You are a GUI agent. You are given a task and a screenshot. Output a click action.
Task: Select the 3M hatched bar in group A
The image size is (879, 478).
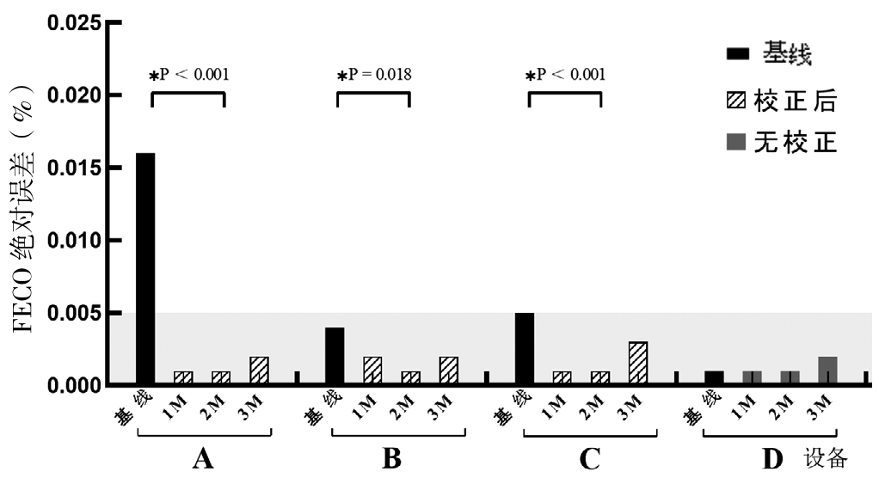(259, 371)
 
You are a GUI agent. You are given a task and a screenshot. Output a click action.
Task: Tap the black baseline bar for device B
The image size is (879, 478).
(335, 356)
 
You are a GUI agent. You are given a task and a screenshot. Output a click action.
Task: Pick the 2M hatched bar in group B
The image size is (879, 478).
(410, 377)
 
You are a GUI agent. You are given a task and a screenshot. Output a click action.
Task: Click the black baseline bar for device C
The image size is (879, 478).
(524, 348)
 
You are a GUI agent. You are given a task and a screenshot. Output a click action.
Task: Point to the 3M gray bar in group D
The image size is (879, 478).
(827, 371)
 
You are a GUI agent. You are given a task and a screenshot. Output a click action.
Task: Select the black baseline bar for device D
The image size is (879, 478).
(713, 377)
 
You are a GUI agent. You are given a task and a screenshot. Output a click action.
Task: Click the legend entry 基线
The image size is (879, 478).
(769, 55)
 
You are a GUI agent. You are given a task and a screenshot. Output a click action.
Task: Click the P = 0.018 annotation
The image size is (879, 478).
(374, 74)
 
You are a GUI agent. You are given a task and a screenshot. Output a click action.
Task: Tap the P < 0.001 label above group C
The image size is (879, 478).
(565, 74)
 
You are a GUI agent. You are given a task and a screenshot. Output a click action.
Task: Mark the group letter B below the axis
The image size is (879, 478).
(391, 459)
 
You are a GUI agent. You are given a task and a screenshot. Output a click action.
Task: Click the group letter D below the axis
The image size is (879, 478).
(773, 459)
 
